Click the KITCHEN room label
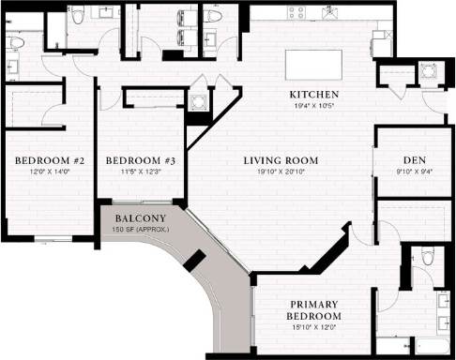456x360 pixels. point(313,96)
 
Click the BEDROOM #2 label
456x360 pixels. point(50,161)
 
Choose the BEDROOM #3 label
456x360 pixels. point(140,161)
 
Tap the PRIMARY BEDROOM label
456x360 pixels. point(313,310)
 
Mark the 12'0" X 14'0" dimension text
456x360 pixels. point(50,172)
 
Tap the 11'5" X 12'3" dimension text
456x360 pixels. point(140,172)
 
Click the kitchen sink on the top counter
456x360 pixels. point(328,13)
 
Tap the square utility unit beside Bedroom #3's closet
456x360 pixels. point(197,104)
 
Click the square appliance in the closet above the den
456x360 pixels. point(428,73)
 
